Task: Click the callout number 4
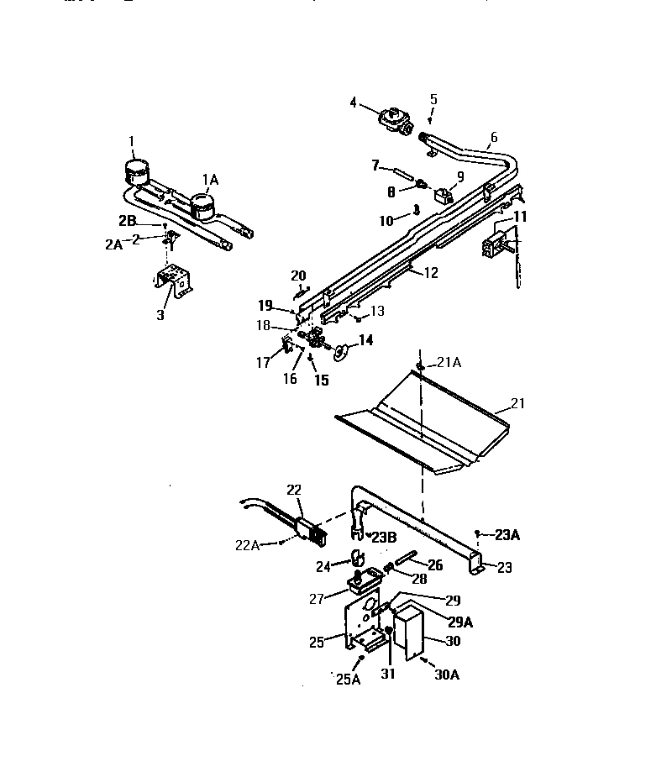354,103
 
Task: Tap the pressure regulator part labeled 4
391,120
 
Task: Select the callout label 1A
210,179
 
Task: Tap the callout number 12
430,273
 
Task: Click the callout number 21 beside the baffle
517,403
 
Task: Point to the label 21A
449,362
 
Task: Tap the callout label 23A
508,533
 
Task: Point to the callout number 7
375,166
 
